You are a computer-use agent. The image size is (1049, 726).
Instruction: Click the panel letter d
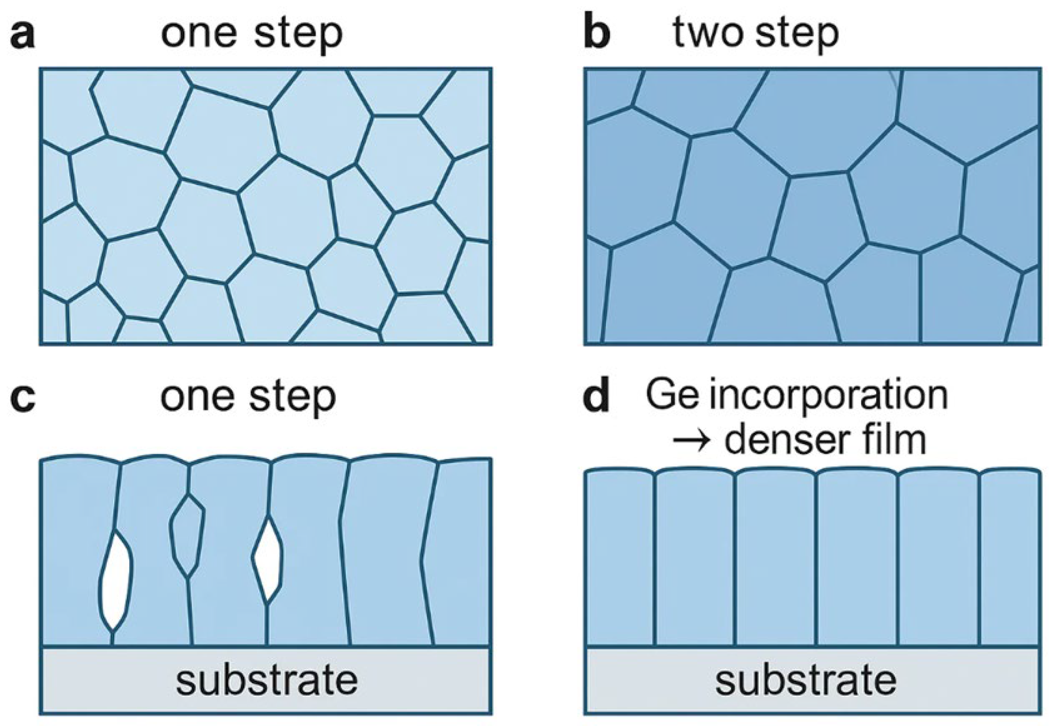click(x=598, y=398)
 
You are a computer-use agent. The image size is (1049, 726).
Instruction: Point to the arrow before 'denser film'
click(x=692, y=441)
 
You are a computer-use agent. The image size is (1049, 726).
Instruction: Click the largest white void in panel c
click(x=116, y=581)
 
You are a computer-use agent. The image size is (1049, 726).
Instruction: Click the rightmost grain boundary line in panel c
click(x=427, y=553)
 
